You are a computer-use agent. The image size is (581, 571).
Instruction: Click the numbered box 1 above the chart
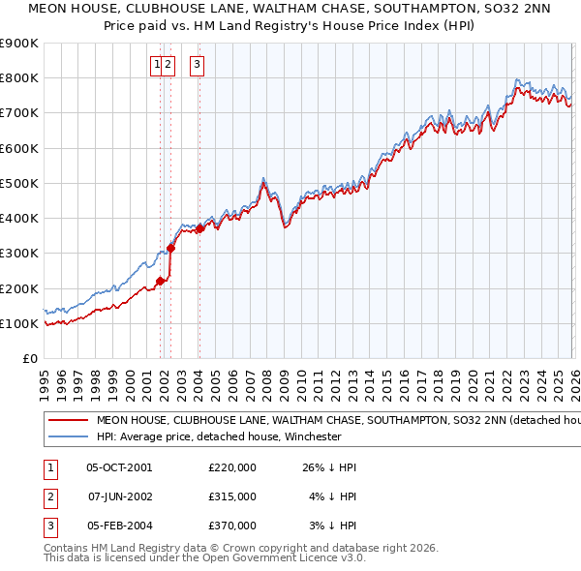pos(156,65)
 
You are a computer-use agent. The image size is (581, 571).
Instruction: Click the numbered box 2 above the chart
pos(168,65)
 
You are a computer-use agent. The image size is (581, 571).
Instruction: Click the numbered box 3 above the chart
pos(197,65)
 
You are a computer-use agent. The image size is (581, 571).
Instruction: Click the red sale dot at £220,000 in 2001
pos(161,282)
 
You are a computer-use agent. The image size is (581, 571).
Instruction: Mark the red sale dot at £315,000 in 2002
pos(171,248)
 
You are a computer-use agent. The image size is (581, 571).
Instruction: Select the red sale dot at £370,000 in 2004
pos(199,229)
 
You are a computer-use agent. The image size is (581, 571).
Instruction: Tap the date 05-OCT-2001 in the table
pos(119,467)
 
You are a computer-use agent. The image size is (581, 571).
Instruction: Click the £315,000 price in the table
pos(232,496)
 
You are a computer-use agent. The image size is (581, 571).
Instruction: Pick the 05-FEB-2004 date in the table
pos(119,526)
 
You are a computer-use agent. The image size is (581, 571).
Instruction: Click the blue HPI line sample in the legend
pos(69,436)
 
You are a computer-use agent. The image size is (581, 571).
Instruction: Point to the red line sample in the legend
pos(69,421)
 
